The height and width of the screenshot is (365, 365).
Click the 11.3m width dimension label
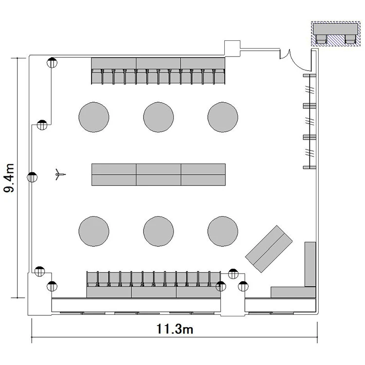[175, 329]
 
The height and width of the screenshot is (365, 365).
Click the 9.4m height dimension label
[9, 178]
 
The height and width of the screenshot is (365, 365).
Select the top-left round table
[94, 117]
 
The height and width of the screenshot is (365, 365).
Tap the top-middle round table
[158, 117]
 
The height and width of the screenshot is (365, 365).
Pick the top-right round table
[223, 117]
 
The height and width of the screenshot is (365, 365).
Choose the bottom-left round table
[94, 231]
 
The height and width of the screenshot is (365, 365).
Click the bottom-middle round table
[158, 231]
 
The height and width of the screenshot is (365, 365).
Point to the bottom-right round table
[223, 231]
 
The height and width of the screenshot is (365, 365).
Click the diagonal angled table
[269, 249]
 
